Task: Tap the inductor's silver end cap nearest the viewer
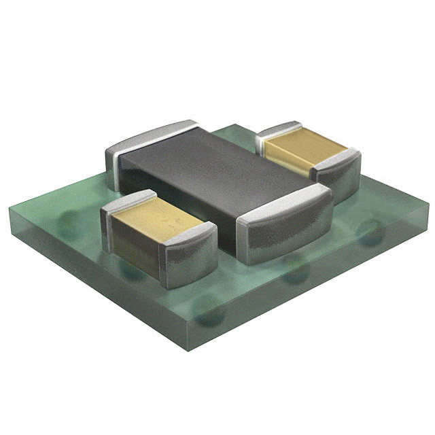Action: coord(285,228)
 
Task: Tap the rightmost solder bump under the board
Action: coord(370,228)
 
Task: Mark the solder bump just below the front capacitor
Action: coord(133,272)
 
